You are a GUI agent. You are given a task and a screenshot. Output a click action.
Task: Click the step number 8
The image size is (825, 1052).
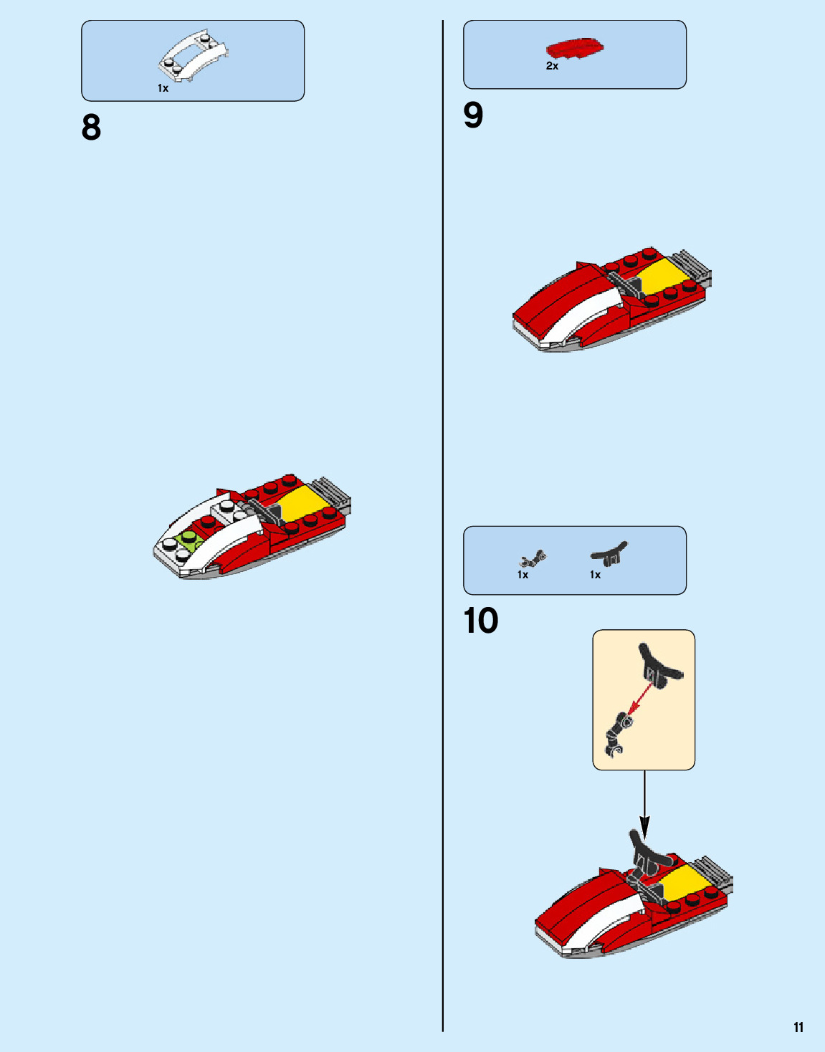[91, 128]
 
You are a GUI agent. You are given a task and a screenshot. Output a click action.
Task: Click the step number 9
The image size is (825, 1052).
[473, 115]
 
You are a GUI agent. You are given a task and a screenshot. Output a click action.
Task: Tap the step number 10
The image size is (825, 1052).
[480, 621]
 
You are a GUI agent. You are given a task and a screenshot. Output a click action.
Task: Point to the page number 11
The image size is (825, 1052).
[798, 1027]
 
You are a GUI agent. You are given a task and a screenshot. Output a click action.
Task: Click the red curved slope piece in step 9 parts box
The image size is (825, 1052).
[574, 49]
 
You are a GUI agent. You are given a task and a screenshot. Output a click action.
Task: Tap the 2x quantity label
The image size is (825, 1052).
[552, 66]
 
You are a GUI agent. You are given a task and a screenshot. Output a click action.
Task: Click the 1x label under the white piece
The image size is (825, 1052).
[163, 88]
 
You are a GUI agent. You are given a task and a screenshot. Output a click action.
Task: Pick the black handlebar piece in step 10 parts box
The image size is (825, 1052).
[609, 554]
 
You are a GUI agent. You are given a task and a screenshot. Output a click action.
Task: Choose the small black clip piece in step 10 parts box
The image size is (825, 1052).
[533, 558]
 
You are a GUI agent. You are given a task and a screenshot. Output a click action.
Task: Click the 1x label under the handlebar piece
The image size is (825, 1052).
[595, 575]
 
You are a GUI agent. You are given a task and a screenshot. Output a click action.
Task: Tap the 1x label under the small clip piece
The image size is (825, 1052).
[523, 575]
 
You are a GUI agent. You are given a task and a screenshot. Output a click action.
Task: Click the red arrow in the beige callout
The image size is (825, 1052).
[640, 699]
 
